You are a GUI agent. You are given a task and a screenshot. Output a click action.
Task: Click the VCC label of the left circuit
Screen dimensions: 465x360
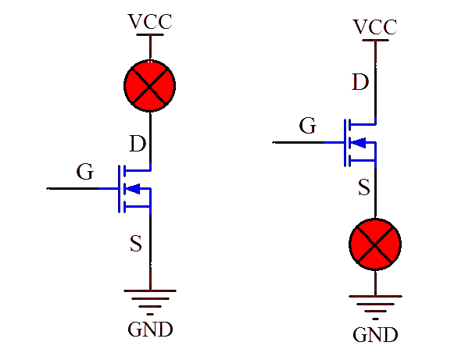150,21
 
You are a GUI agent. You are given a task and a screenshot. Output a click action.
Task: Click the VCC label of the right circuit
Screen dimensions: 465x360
375,27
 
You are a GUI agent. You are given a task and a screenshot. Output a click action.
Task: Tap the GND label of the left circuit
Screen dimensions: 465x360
150,330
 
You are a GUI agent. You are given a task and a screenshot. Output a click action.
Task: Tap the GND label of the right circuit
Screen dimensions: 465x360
375,334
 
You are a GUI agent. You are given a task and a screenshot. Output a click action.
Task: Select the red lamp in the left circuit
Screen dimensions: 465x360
150,86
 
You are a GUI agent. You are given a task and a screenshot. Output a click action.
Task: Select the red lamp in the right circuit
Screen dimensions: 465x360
375,244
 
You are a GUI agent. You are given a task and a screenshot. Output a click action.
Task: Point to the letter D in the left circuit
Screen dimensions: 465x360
138,144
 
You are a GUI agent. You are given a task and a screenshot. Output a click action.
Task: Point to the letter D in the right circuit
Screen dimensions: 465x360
360,82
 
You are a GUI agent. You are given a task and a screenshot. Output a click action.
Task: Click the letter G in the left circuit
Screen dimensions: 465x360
85,172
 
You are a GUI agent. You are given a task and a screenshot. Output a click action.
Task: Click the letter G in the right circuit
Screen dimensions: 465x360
308,125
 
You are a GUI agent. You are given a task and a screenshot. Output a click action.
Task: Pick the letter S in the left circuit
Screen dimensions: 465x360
136,244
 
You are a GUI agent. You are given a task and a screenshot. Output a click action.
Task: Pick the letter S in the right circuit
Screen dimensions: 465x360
364,187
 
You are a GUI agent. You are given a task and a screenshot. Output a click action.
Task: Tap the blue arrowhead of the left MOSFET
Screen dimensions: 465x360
132,188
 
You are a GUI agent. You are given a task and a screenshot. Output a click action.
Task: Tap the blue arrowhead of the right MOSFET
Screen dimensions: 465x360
358,143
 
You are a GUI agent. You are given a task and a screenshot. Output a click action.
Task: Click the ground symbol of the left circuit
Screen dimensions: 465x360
150,301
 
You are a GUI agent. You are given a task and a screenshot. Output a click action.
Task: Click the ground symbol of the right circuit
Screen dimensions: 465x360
375,307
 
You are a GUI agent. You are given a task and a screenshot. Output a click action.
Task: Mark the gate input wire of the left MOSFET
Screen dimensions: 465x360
82,188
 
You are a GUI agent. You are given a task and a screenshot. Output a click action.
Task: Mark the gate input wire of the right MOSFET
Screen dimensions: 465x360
308,143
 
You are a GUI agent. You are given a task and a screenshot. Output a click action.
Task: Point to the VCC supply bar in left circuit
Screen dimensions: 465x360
150,34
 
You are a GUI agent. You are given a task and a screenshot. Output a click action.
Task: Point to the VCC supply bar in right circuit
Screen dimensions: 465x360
375,40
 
